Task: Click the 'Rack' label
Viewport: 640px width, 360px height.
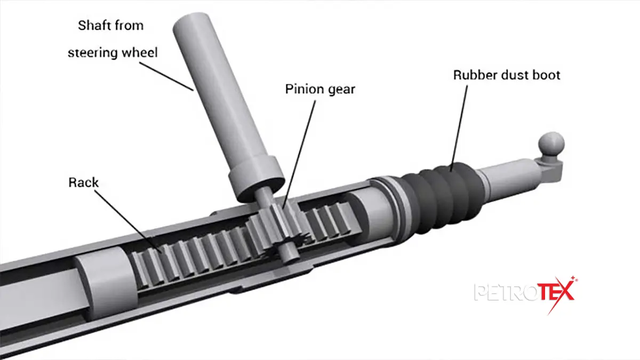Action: tap(83, 182)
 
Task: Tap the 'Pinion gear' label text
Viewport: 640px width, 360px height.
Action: tap(320, 89)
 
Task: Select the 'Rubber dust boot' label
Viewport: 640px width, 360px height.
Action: tap(507, 75)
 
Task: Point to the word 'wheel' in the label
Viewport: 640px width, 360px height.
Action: tap(140, 53)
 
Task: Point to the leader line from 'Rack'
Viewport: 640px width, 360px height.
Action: tap(127, 222)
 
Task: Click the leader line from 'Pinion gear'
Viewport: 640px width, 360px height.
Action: tap(299, 154)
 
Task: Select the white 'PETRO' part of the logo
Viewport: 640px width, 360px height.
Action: tap(506, 292)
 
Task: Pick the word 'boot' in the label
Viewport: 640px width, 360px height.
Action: tap(546, 75)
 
